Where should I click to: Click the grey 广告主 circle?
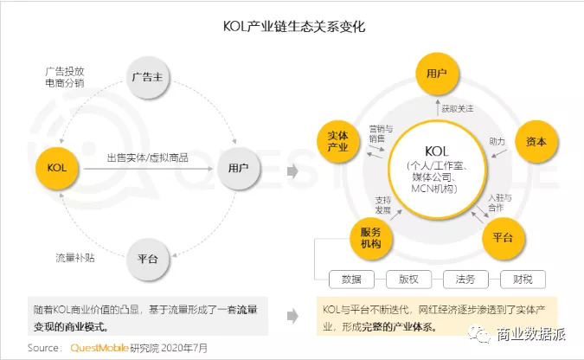(147, 77)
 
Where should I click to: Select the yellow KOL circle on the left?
(57, 168)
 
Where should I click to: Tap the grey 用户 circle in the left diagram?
(239, 168)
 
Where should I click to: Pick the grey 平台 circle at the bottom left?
(147, 259)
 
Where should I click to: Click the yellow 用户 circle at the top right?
(437, 73)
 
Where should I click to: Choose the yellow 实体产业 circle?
(337, 141)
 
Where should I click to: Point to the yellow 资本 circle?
(536, 141)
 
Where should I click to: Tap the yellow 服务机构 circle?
(370, 238)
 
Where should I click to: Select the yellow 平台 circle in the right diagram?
(504, 238)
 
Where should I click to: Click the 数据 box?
(351, 280)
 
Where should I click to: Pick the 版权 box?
(408, 280)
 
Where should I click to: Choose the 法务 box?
(465, 280)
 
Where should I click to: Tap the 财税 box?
(523, 280)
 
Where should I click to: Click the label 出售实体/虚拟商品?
(147, 157)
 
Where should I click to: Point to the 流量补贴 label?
(75, 258)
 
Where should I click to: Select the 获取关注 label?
(458, 109)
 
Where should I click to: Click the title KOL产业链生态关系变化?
(294, 27)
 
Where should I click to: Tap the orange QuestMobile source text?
(99, 348)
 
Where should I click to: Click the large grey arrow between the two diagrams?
(292, 171)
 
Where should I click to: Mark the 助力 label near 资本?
(497, 142)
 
